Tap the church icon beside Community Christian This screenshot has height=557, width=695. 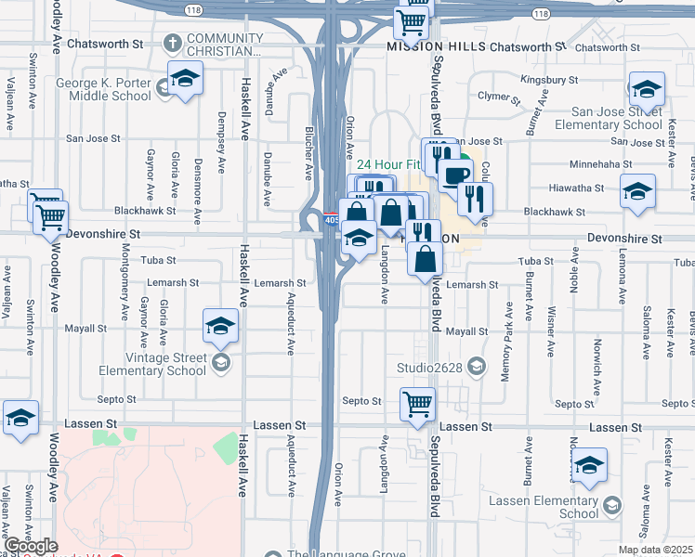click(172, 43)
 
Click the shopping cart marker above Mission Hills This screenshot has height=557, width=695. click(410, 22)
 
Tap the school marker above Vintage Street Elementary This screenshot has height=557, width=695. click(220, 326)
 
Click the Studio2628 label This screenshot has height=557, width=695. click(430, 367)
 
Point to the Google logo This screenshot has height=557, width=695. click(30, 546)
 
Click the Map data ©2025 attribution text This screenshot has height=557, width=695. click(655, 550)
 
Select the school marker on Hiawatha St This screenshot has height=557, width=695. click(637, 191)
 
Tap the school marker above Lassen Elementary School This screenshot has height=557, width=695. click(588, 465)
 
